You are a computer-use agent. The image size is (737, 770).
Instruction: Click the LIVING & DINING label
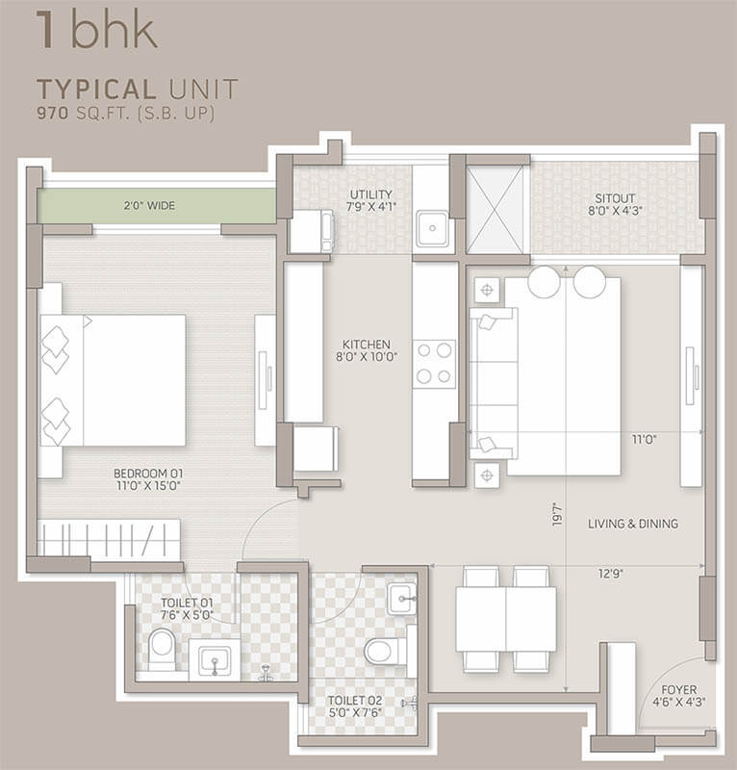(633, 524)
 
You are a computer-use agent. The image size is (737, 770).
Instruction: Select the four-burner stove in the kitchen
(434, 364)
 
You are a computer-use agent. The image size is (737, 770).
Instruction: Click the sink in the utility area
(432, 228)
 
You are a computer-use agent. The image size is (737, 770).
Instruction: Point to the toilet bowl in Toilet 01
(161, 649)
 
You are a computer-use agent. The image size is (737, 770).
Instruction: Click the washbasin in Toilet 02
(401, 598)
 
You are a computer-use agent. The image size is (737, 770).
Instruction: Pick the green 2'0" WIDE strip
(157, 206)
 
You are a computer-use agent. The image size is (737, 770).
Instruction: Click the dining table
(506, 619)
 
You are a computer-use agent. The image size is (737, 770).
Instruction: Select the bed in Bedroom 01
(113, 380)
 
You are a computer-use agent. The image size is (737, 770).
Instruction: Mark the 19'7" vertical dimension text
(557, 514)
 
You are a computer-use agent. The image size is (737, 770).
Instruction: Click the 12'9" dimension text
(610, 574)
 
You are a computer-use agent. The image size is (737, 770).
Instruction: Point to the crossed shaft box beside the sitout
(494, 210)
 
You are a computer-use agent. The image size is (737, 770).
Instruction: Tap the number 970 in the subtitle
(53, 114)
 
